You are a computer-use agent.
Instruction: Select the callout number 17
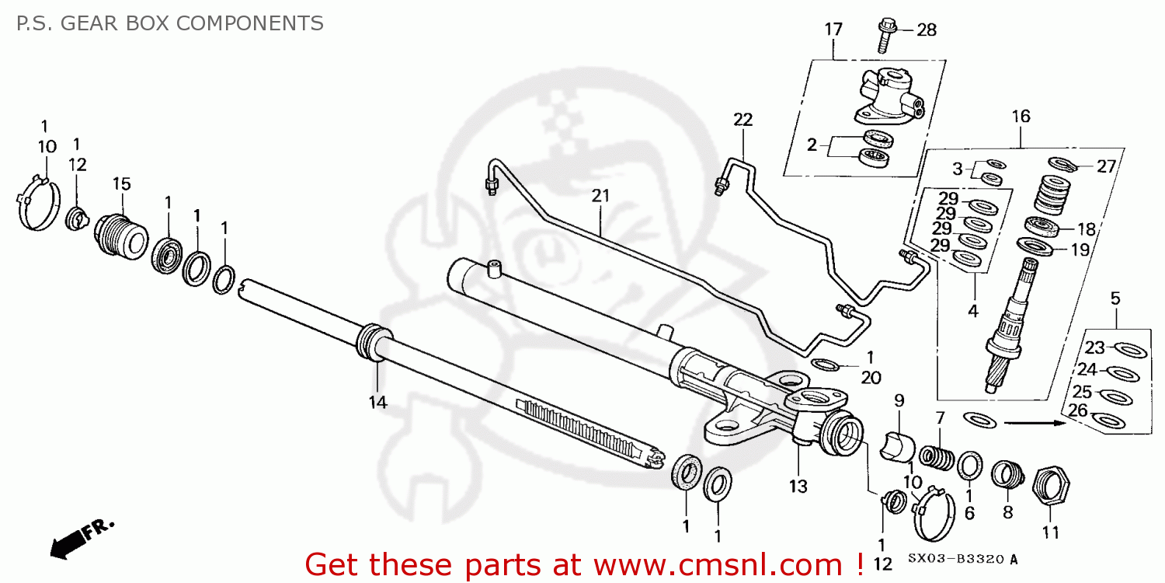coord(833,30)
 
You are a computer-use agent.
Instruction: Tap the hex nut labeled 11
coord(1049,487)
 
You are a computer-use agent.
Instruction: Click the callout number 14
coord(377,402)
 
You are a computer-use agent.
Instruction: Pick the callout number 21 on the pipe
coord(600,196)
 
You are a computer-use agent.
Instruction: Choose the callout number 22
coord(742,120)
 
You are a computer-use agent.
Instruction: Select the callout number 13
coord(798,487)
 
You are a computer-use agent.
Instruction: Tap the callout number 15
coord(121,184)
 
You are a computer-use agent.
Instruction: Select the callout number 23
coord(1094,347)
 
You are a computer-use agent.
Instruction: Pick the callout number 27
coord(1105,166)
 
